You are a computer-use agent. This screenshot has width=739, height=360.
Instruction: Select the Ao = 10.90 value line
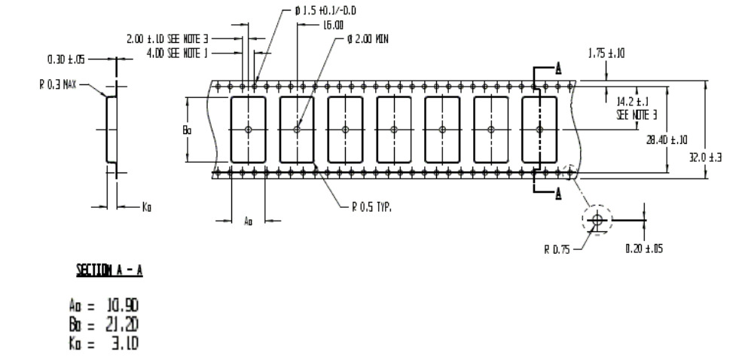(103, 305)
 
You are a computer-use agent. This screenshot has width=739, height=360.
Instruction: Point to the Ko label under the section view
(147, 205)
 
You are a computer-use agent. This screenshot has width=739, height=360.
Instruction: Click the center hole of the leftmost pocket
(248, 130)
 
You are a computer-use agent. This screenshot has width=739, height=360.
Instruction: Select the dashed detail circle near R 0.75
(597, 220)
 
